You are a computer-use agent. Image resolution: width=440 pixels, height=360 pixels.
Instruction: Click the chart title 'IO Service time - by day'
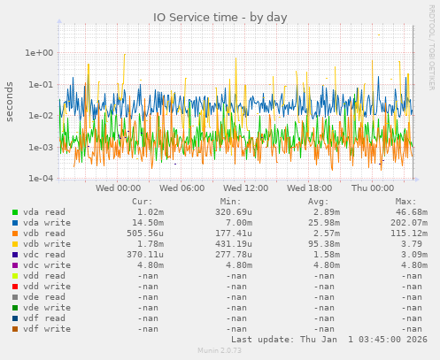point(220,17)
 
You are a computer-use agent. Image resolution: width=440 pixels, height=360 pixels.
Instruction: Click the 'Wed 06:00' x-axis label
point(181,188)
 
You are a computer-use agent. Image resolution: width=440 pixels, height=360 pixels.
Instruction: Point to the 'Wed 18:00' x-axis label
point(309,188)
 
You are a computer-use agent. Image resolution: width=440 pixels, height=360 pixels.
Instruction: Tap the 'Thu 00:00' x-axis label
point(372,188)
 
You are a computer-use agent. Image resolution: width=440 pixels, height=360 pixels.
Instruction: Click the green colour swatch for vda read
point(15,213)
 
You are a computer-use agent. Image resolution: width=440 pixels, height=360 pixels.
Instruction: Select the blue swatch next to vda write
point(15,223)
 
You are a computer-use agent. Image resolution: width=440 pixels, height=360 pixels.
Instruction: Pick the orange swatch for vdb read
point(15,233)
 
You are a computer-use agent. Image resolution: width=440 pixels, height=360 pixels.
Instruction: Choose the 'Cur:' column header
point(142,202)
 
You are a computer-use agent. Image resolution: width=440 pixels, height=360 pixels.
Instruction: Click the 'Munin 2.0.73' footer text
point(219,351)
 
